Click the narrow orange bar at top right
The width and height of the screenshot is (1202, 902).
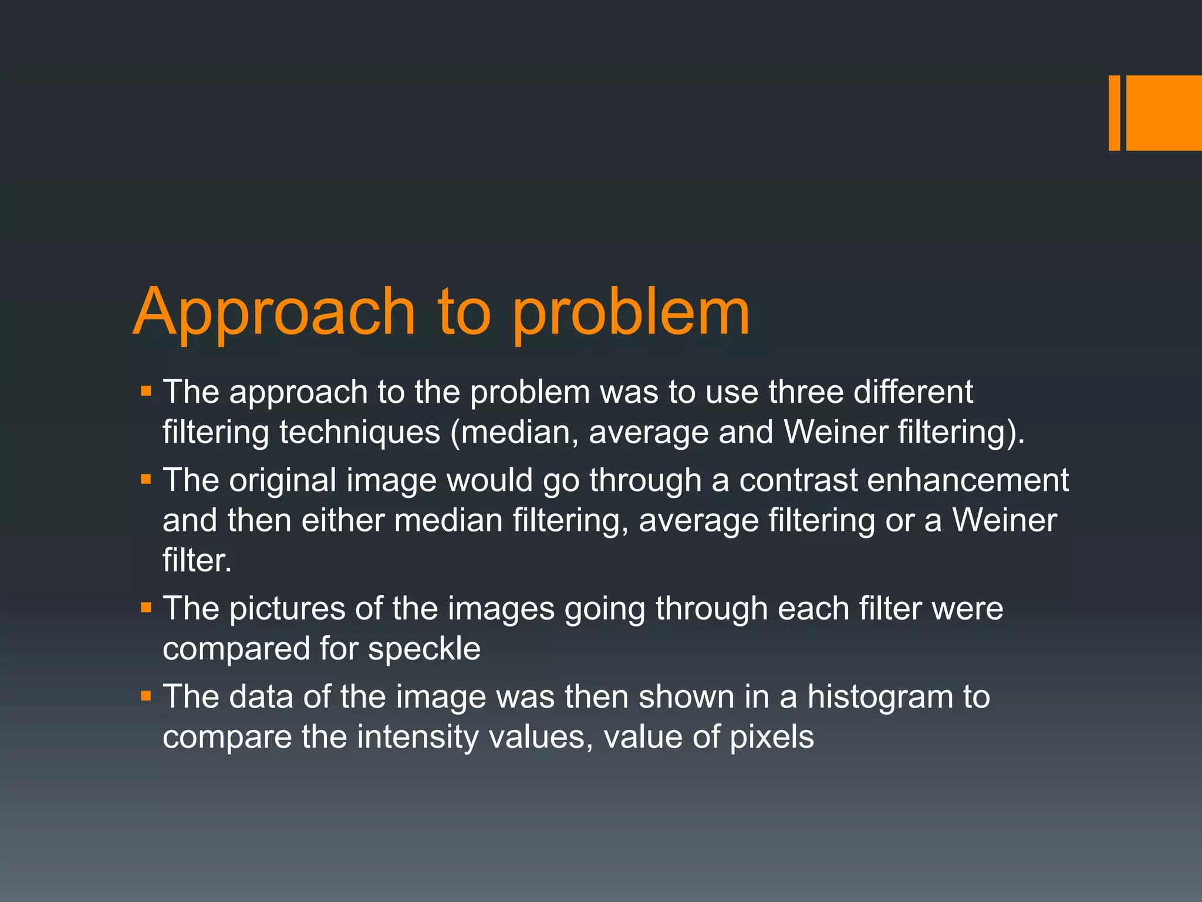[x=1114, y=113]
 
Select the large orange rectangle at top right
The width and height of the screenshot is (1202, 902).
[x=1164, y=113]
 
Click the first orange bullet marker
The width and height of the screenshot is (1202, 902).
[x=146, y=391]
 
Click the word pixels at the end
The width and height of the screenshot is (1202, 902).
[x=771, y=738]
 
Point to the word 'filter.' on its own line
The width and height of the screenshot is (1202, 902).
[x=197, y=560]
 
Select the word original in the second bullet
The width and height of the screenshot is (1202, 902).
[x=282, y=480]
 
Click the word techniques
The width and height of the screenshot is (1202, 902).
[x=359, y=432]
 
